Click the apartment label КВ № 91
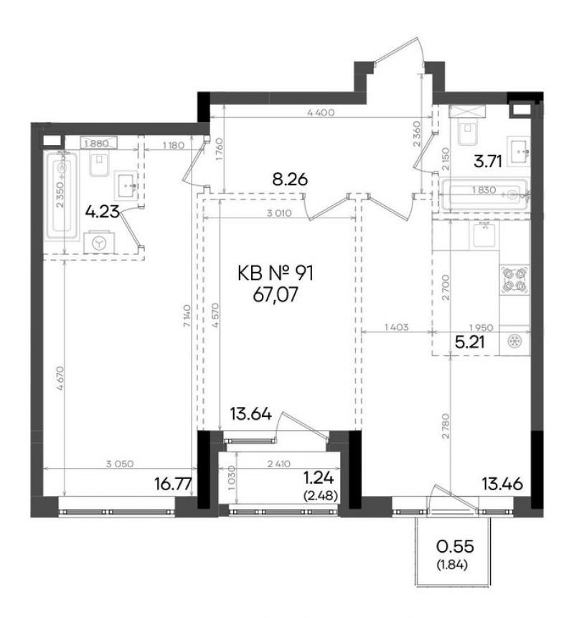tap(276, 273)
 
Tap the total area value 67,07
tap(276, 294)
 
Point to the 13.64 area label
tap(251, 414)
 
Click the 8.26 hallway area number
tap(290, 179)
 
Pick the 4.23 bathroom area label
tap(102, 212)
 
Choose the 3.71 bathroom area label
tap(488, 161)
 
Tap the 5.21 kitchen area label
tap(469, 342)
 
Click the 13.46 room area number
tap(503, 484)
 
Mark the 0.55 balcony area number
tap(455, 547)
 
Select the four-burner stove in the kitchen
tap(514, 279)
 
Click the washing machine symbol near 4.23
tap(99, 243)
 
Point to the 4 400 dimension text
tap(320, 113)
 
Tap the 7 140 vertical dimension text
tap(187, 315)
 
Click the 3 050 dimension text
tap(120, 464)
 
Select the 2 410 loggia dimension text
tap(278, 464)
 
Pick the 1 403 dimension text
tap(396, 327)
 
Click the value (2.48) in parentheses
tap(321, 496)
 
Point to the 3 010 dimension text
tap(279, 213)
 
